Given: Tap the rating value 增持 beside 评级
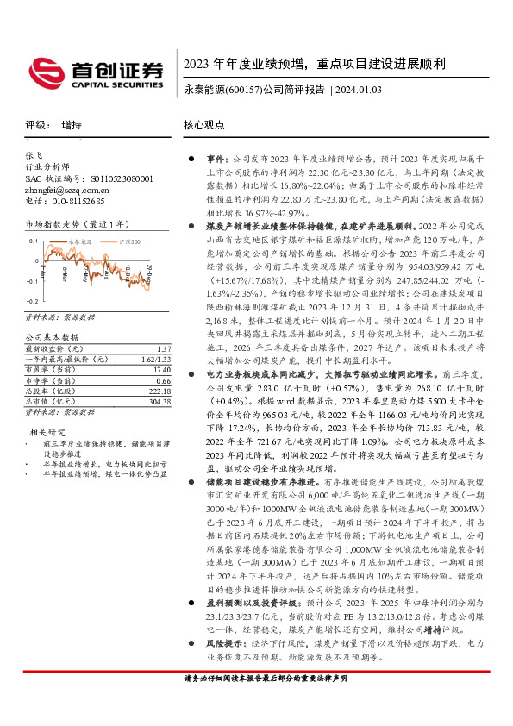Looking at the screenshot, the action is [x=72, y=125].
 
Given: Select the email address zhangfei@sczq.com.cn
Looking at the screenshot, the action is [x=64, y=190].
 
